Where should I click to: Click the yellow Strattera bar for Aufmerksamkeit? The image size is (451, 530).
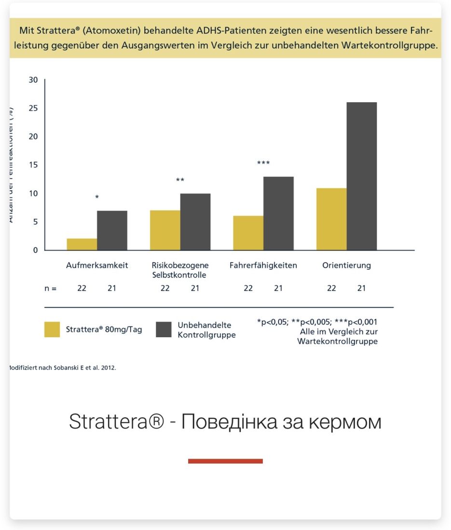click(x=82, y=244)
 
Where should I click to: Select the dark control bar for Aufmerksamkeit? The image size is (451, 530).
click(x=112, y=230)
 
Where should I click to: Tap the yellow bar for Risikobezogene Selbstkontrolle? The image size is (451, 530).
click(x=165, y=230)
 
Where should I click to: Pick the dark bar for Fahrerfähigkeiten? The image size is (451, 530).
click(x=278, y=213)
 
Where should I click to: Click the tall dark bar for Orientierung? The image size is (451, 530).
click(x=361, y=176)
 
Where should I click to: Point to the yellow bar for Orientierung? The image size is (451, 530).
click(x=331, y=219)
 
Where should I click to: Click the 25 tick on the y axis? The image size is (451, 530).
click(x=33, y=108)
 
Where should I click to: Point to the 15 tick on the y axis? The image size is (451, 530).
click(x=33, y=165)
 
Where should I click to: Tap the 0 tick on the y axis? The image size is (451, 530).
click(x=35, y=250)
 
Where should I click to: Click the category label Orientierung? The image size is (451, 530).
click(x=346, y=265)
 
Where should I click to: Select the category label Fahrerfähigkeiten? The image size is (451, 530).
click(x=263, y=265)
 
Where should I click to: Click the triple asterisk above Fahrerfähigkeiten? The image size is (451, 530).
click(x=263, y=163)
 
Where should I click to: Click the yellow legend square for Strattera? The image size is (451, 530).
click(x=52, y=330)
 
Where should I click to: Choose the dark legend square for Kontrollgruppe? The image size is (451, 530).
click(x=164, y=330)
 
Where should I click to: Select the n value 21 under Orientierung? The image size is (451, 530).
click(x=361, y=289)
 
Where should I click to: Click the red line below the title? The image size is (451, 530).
click(x=225, y=461)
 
